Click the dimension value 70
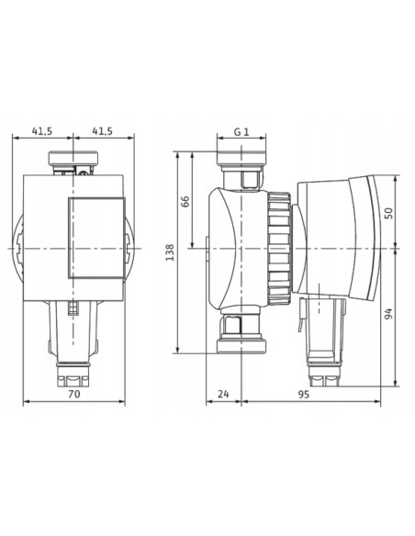73,394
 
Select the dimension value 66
185,201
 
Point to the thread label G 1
241,132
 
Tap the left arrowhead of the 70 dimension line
25,401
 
